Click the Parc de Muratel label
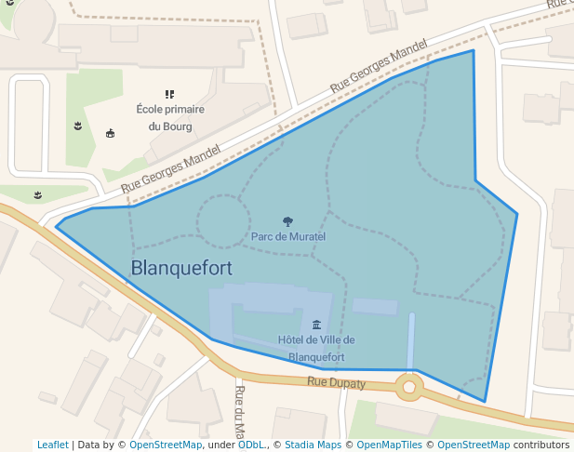[x=288, y=237]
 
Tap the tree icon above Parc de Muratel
[x=287, y=222]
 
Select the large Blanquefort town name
[x=181, y=268]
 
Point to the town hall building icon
[x=317, y=325]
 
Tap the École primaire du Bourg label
[x=169, y=117]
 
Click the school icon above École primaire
[x=169, y=94]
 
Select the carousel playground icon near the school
[x=111, y=133]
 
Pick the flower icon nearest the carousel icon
[x=77, y=125]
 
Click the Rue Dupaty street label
[x=337, y=381]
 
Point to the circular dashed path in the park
[x=222, y=221]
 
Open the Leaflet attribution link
[x=53, y=445]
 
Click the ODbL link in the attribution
[x=250, y=445]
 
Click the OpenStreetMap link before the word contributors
[x=474, y=445]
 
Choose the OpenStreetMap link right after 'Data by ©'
[x=166, y=445]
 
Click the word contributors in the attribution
[x=541, y=445]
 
